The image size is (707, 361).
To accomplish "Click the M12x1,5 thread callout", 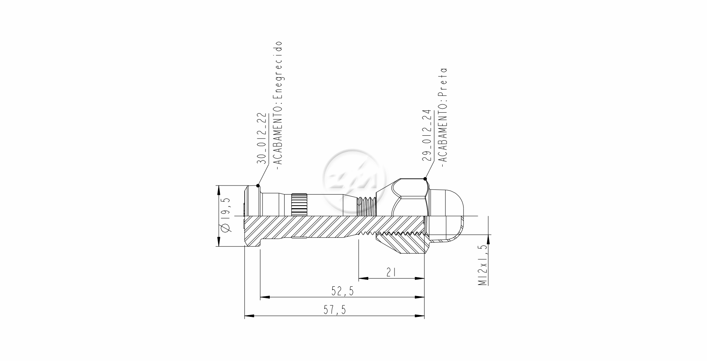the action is pyautogui.click(x=482, y=266).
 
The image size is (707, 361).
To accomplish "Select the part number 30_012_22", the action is pyautogui.click(x=262, y=139).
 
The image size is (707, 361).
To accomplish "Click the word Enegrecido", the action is pyautogui.click(x=278, y=70).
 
